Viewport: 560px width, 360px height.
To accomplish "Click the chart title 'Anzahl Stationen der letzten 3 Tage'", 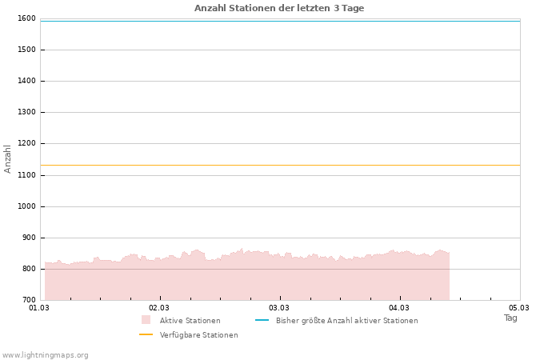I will click(x=279, y=8).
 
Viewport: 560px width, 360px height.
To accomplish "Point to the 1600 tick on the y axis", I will click(x=26, y=18).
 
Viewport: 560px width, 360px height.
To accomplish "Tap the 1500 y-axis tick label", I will click(x=26, y=50).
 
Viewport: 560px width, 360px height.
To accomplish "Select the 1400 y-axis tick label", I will click(x=26, y=81).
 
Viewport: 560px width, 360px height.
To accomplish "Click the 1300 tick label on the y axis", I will click(x=26, y=112).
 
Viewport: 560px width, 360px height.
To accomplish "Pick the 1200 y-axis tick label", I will click(x=26, y=143).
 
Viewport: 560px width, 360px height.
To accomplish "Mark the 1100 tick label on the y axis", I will click(x=26, y=175).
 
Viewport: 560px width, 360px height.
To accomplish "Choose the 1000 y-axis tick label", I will click(x=26, y=206).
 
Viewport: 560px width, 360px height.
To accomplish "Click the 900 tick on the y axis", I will click(x=29, y=238).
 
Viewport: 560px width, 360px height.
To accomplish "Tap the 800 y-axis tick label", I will click(x=29, y=269).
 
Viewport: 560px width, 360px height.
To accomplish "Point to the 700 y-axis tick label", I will click(x=29, y=300).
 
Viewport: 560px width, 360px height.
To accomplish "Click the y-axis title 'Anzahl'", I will click(x=8, y=158).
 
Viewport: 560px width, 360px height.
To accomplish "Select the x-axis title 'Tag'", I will click(x=510, y=318).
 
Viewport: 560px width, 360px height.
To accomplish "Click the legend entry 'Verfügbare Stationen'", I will click(x=198, y=335).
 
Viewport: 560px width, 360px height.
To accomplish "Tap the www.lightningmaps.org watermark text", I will click(x=46, y=354).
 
